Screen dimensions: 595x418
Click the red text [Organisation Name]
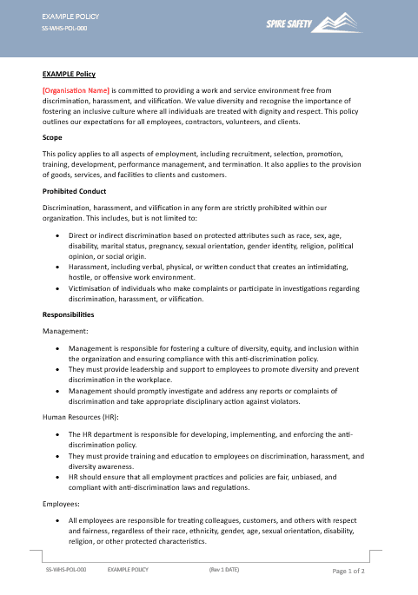tap(76, 90)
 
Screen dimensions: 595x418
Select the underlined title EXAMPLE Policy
tap(69, 75)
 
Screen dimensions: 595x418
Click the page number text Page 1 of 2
tap(348, 572)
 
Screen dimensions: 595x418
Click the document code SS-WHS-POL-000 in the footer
tap(66, 571)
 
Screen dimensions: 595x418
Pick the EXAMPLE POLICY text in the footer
tap(128, 571)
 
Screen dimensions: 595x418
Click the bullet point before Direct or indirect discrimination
tap(57, 235)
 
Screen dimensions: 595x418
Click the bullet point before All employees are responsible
tap(57, 520)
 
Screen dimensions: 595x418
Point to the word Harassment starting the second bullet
tap(88, 262)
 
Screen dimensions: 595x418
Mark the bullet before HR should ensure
tap(57, 477)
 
